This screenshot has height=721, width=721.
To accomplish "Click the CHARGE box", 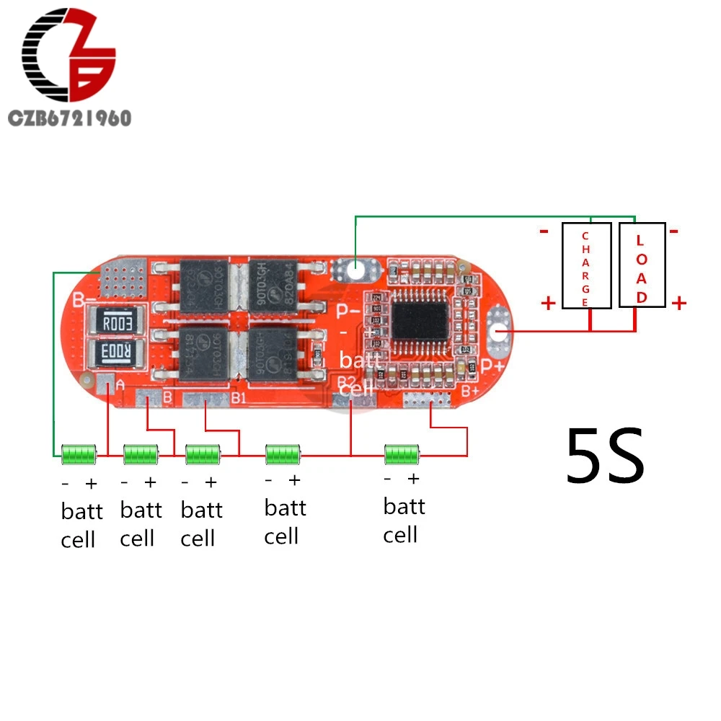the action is point(586,265).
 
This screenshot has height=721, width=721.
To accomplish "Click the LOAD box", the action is point(642,265).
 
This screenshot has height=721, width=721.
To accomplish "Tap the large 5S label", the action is point(604,456).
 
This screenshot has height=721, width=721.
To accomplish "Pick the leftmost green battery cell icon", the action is point(79,454).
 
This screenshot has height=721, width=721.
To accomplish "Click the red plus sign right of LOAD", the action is point(678,304).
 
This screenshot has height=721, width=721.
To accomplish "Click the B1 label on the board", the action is point(239,396).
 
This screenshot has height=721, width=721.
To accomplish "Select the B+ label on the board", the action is point(470,391).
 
